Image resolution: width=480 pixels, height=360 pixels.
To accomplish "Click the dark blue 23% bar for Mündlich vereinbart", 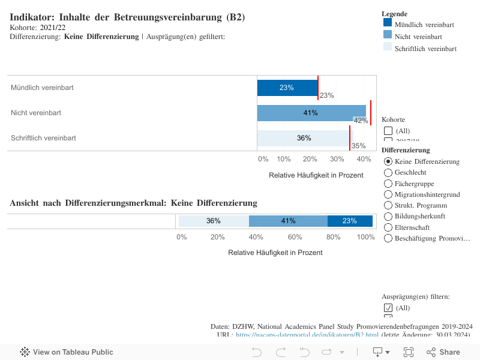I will pos(287,88).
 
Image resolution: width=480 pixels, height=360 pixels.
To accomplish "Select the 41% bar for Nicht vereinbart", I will pos(311,113).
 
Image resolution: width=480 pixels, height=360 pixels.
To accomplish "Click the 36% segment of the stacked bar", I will pos(214,221).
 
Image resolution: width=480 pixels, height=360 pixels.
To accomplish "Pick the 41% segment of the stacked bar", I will pos(288,221).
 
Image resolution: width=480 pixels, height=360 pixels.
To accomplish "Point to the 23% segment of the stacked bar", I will pos(350,221).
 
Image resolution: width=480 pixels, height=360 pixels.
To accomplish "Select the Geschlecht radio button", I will pos(388,173).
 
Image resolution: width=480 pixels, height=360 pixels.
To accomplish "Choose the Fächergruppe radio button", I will pos(388,184).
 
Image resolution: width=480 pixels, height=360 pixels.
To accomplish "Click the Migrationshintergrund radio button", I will pos(388,194).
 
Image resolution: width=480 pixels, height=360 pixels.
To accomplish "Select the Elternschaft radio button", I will pos(388,227).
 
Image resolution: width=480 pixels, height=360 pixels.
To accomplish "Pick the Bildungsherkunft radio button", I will pos(388,216).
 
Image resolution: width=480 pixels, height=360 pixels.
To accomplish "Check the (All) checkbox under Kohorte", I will pos(388,131).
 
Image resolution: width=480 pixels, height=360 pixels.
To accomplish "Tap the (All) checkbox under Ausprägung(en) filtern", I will pos(388,308).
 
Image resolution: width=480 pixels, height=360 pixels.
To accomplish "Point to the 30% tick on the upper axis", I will pos(337,159).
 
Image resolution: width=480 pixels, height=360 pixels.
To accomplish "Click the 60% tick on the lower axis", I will pos(295,237).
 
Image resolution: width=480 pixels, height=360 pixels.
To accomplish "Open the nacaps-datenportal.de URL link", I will pos(307,335).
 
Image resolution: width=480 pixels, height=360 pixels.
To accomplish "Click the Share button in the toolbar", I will pos(443,352).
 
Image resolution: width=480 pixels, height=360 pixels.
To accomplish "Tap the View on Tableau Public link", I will pos(67,352).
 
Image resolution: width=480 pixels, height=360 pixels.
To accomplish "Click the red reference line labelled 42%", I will pos(371,113).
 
